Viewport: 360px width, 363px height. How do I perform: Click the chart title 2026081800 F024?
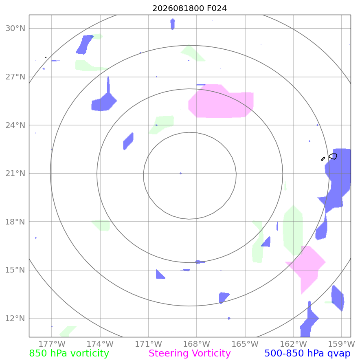pos(189,8)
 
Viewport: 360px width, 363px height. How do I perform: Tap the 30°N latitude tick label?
pos(15,28)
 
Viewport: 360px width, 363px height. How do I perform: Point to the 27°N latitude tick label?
pos(15,77)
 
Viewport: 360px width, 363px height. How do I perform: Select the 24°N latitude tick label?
pos(15,125)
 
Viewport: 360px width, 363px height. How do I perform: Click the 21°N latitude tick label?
pos(15,173)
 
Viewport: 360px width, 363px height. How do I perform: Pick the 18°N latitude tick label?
pos(15,222)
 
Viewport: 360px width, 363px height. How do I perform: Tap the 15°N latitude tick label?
pos(15,270)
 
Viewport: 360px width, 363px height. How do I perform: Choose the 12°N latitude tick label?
pos(15,318)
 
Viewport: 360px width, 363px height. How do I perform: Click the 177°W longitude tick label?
pos(52,344)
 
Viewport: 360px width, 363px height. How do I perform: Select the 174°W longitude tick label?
pos(100,344)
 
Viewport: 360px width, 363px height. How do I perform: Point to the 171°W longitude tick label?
pos(149,344)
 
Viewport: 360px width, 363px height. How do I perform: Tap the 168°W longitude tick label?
pos(197,344)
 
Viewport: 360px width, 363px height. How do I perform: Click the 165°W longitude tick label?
pos(245,344)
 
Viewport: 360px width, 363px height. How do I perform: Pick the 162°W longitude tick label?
pos(293,344)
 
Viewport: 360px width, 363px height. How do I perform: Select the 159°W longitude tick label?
pos(342,344)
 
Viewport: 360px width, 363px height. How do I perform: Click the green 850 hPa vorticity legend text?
pos(69,354)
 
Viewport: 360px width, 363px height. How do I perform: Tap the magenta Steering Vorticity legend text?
pos(189,354)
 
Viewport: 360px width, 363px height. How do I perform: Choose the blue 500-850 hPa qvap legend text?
pos(307,354)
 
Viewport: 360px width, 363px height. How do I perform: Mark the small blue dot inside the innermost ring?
pos(181,174)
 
